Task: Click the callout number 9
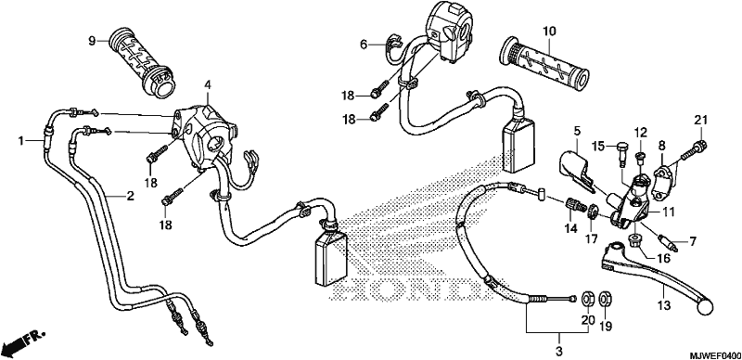(92, 41)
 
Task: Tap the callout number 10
(548, 32)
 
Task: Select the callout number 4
(207, 84)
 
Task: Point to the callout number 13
(664, 306)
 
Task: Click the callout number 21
(700, 120)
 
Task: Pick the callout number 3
(559, 352)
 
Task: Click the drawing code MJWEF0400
(714, 354)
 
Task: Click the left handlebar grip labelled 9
(141, 63)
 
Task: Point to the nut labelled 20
(587, 299)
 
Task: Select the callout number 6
(364, 45)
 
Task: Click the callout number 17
(591, 238)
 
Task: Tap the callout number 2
(130, 196)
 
